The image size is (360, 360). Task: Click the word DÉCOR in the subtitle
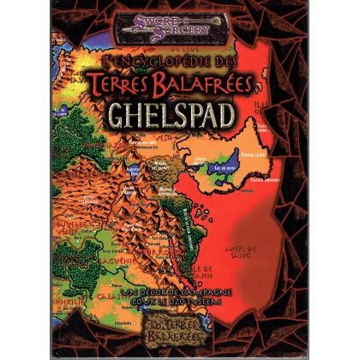(158, 294)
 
